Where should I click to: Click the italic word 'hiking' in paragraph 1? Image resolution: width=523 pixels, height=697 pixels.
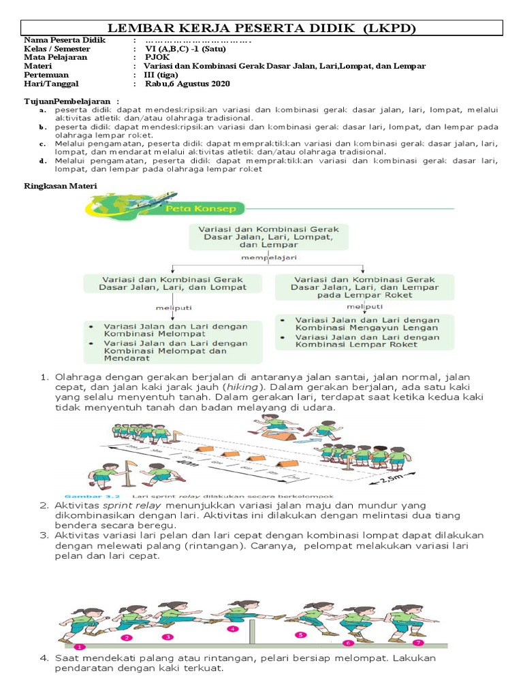point(247,387)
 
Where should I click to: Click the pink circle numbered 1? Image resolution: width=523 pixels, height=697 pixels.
point(80,647)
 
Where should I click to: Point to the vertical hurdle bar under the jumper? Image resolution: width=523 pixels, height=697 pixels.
point(254,633)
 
